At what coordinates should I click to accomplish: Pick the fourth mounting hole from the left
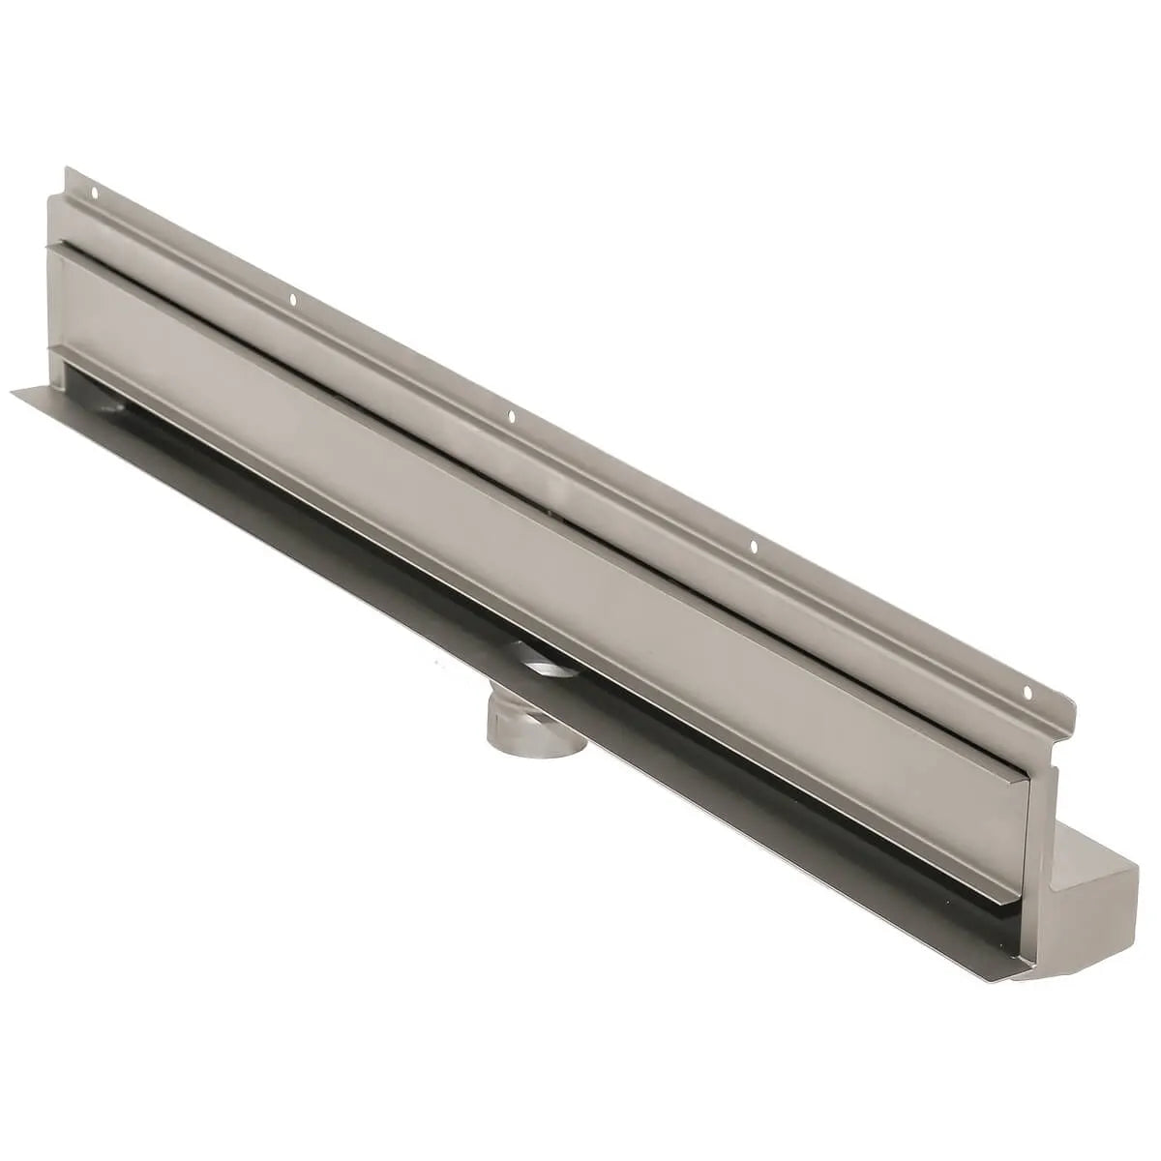coord(754,549)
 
